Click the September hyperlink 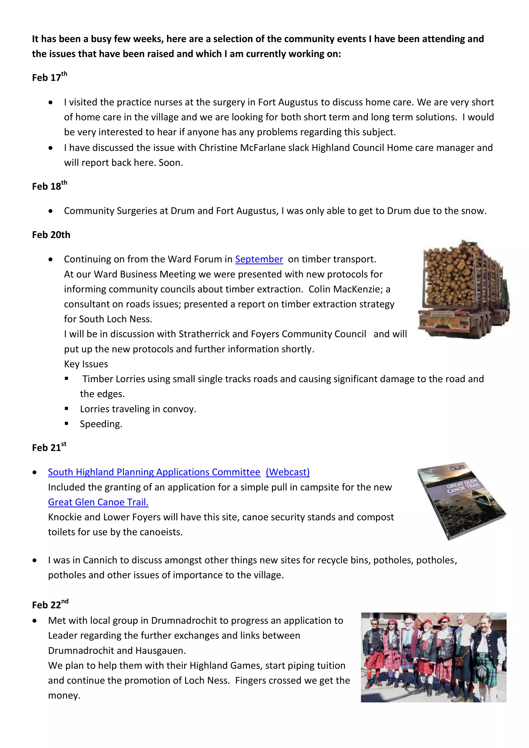[259, 259]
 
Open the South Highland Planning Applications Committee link [154, 472]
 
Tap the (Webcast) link [288, 472]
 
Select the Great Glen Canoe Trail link [98, 502]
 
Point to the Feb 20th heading [51, 235]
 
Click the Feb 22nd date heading [50, 605]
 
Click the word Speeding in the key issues [101, 424]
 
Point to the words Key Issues [86, 364]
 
